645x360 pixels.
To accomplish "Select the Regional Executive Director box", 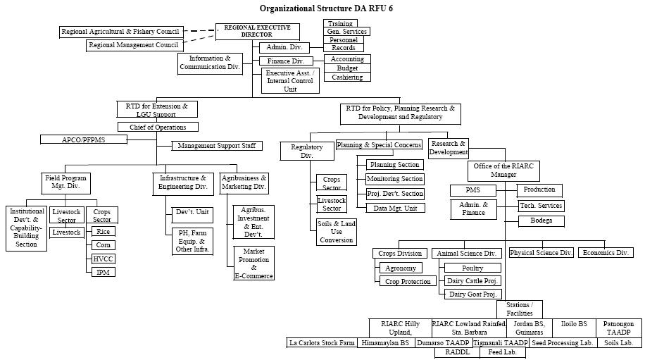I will coord(257,31).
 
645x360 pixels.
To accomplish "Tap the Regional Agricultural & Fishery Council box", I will coord(121,32).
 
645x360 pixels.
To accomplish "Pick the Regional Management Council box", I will coord(133,45).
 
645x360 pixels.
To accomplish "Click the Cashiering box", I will coord(347,77).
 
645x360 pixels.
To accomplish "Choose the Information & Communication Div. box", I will coord(210,63).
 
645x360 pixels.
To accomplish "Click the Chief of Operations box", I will coord(157,128).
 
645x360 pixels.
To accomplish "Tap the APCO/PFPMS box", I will coord(84,140).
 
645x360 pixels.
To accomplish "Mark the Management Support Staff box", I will coord(217,146).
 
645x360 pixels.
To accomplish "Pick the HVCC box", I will coord(103,259).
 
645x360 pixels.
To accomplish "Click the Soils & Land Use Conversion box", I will coord(336,232).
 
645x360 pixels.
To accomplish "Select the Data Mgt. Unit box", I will coord(395,208).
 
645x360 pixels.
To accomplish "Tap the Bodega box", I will coord(541,221).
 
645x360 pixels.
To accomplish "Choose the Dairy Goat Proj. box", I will coord(472,294).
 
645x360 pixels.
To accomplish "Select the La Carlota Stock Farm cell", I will coord(321,343).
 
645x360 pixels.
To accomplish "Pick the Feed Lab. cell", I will coord(502,352).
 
